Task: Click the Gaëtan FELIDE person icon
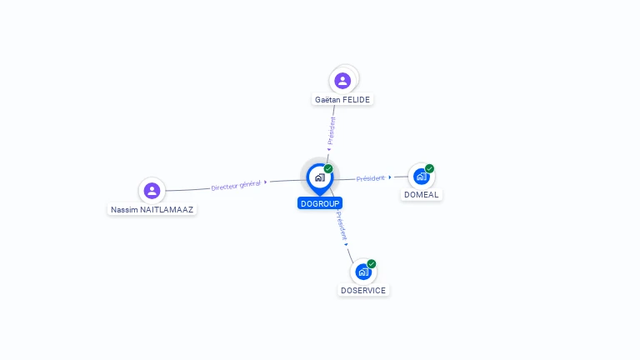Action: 342,81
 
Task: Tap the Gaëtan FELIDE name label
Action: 342,100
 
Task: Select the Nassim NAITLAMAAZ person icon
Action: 152,191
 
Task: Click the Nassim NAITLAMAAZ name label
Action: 152,210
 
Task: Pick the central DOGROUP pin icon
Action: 320,179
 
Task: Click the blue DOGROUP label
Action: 320,203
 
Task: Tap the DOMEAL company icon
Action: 421,177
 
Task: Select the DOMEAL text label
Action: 421,195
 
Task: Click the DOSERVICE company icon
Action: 363,272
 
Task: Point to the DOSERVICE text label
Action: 363,291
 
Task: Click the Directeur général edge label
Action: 236,185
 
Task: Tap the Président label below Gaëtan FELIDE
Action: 332,131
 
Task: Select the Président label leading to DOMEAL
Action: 370,178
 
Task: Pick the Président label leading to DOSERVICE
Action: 342,225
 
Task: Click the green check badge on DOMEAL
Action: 429,168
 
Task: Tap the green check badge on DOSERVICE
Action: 372,263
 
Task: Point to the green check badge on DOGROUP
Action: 328,168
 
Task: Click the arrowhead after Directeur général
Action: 265,182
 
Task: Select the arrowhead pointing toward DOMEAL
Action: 390,177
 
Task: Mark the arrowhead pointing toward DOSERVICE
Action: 346,244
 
